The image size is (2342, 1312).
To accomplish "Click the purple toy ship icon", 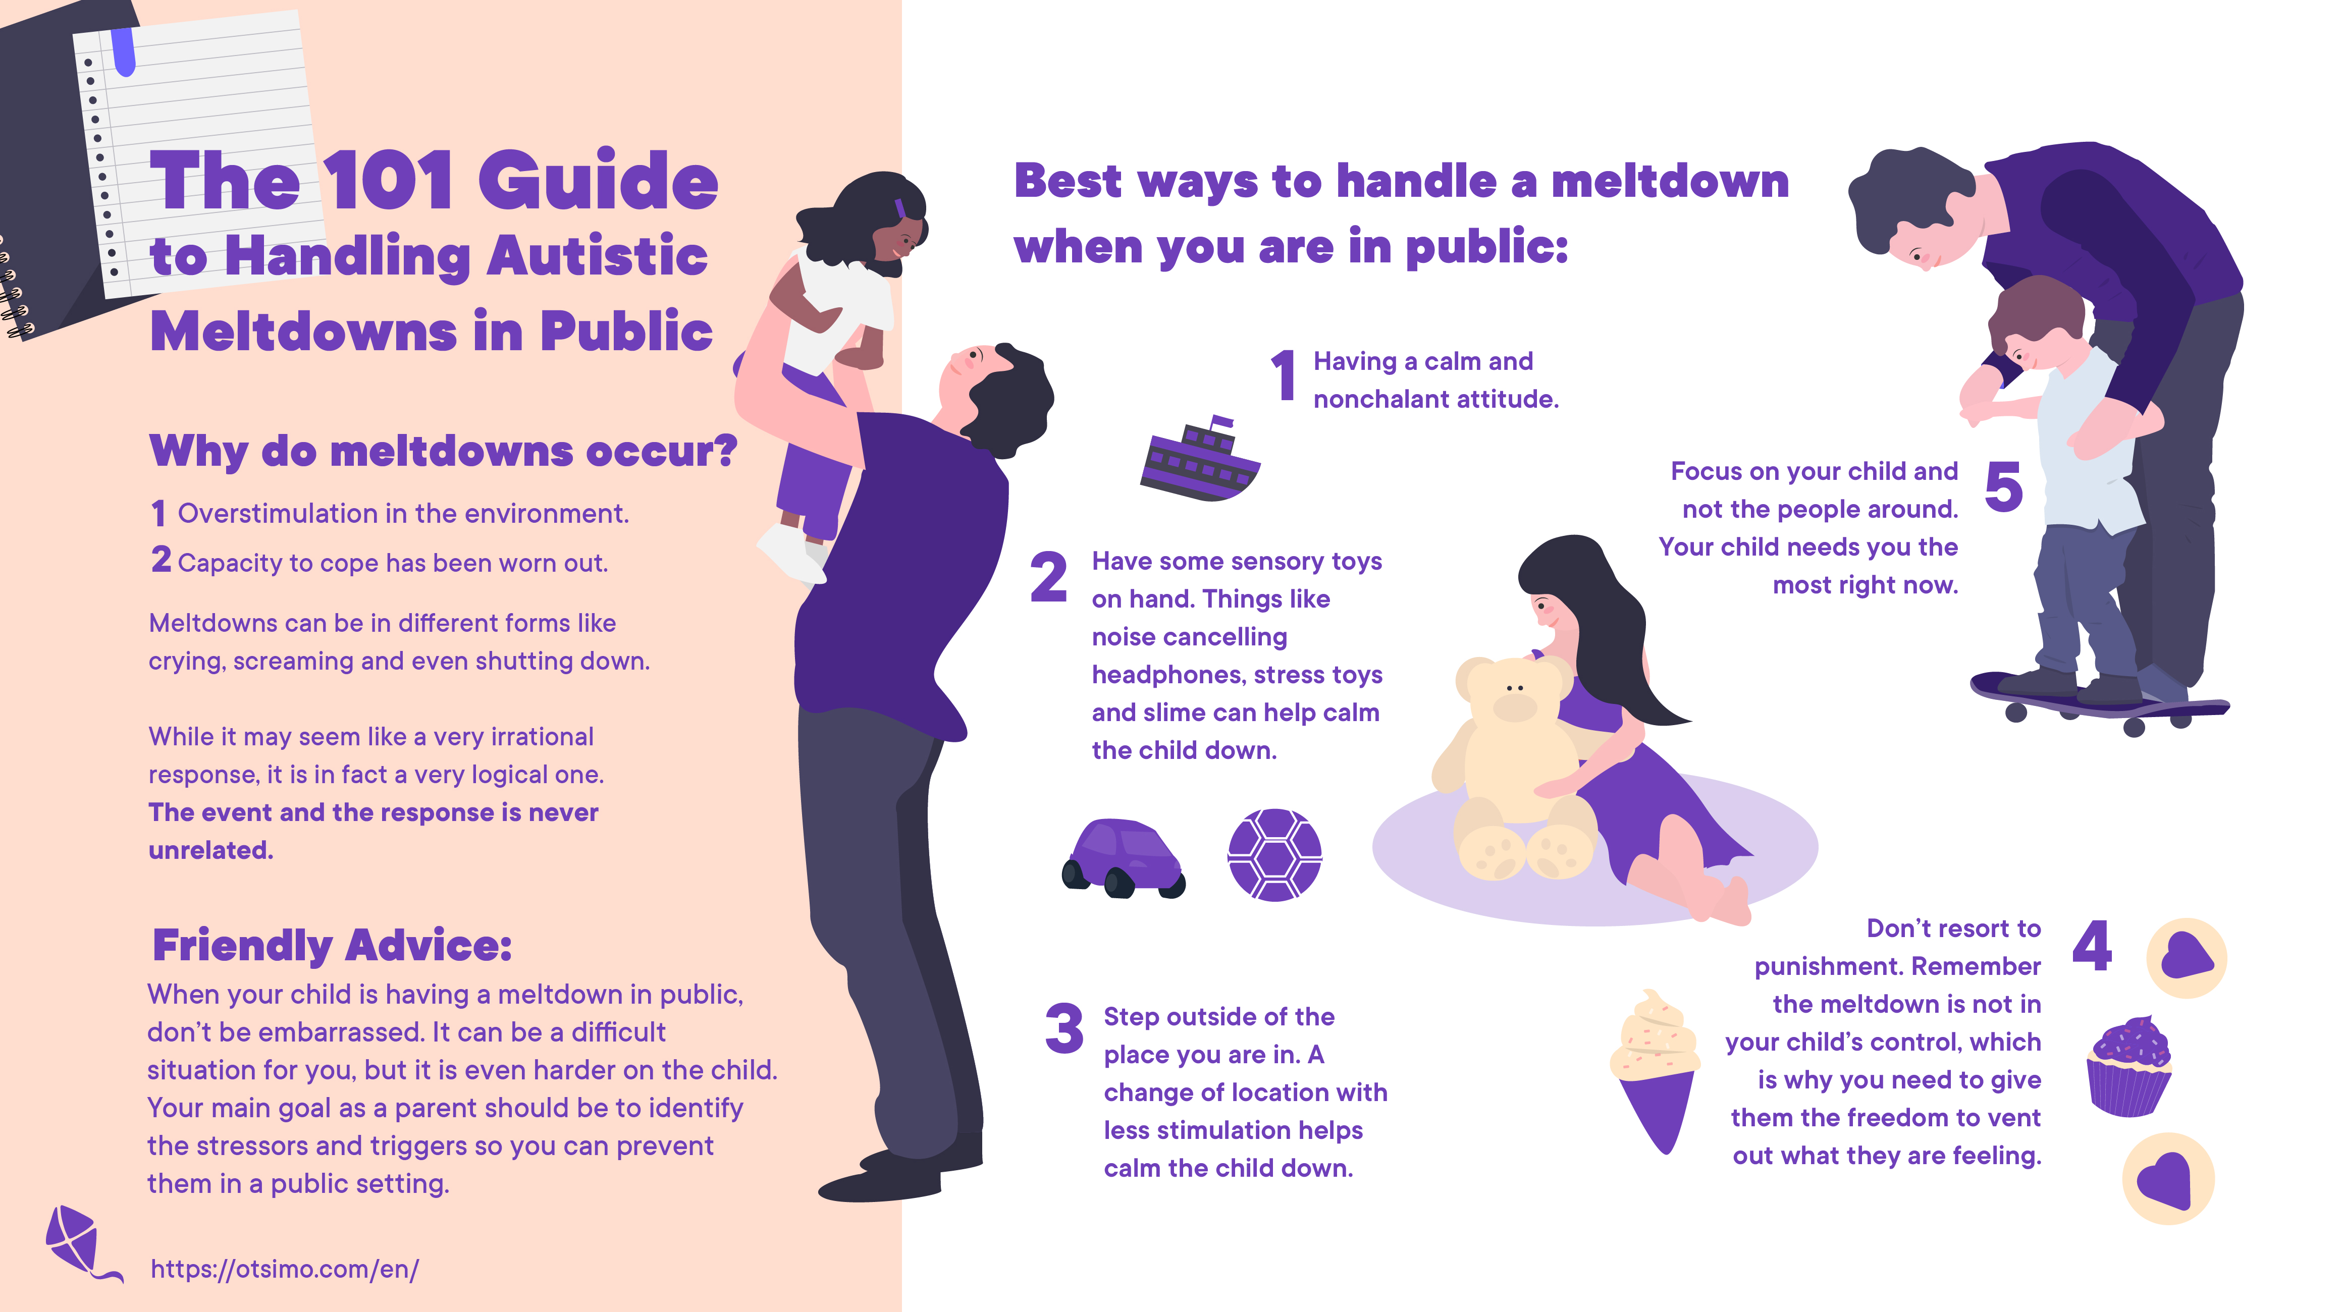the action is pyautogui.click(x=1200, y=462).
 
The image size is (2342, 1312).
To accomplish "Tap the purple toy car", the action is pyautogui.click(x=1124, y=857).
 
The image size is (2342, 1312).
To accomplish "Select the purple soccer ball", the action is pyautogui.click(x=1274, y=855).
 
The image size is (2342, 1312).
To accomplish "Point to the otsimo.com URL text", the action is pyautogui.click(x=285, y=1269).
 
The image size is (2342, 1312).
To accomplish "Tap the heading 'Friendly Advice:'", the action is pyautogui.click(x=332, y=946).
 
